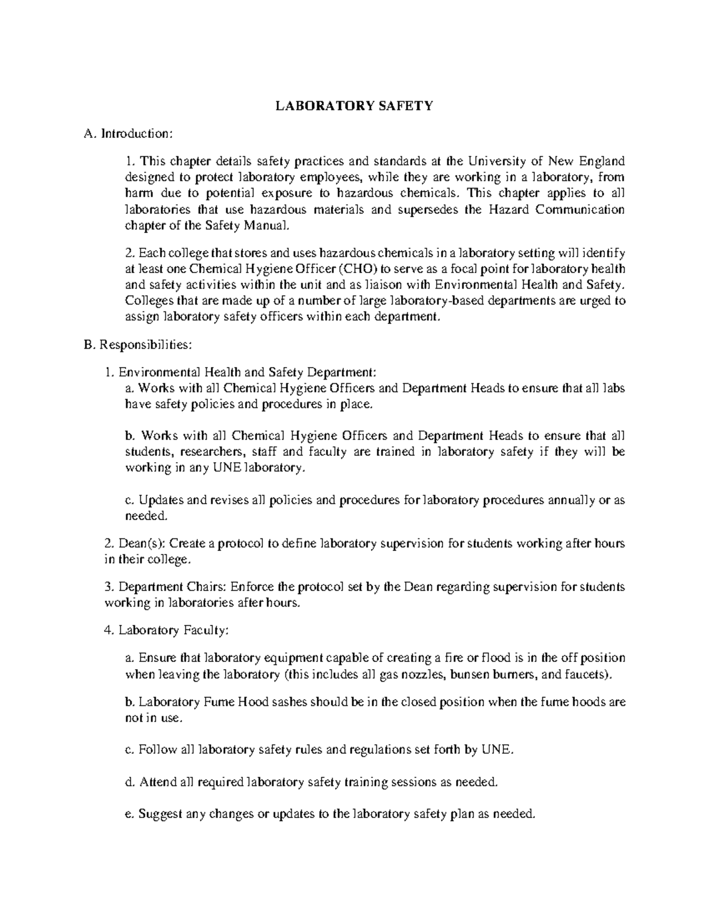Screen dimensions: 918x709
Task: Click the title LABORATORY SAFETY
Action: click(x=355, y=106)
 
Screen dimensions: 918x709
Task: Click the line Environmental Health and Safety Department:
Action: click(x=246, y=372)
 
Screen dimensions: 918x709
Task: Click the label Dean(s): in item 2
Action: click(x=142, y=543)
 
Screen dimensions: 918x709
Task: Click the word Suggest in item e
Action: click(x=161, y=814)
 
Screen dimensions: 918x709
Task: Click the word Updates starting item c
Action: click(x=160, y=500)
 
